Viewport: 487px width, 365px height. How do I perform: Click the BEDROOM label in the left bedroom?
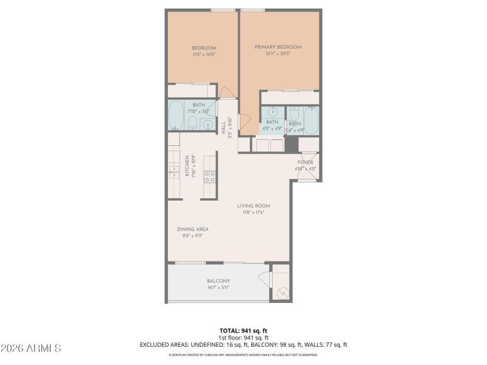point(204,48)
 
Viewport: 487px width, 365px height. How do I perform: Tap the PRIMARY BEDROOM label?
point(278,47)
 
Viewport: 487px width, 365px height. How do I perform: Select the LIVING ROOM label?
point(254,206)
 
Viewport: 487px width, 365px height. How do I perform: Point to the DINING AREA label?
point(193,229)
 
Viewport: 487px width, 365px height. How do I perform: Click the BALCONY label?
point(219,281)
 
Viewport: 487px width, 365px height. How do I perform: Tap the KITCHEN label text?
point(187,166)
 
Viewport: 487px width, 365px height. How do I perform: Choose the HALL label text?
point(224,127)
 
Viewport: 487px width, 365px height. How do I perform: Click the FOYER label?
point(305,162)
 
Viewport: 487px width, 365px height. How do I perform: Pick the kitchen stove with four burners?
point(209,176)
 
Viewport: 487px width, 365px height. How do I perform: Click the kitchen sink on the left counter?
point(173,170)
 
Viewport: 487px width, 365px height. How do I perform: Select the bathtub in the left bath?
point(177,116)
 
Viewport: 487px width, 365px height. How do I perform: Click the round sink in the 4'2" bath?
point(272,112)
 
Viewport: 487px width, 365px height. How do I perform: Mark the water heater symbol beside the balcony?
point(282,293)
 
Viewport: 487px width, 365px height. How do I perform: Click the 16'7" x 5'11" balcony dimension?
point(219,288)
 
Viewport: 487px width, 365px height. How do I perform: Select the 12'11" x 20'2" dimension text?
point(278,54)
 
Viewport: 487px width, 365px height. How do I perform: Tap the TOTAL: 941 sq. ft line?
point(243,330)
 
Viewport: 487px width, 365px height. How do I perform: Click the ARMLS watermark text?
point(31,349)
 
